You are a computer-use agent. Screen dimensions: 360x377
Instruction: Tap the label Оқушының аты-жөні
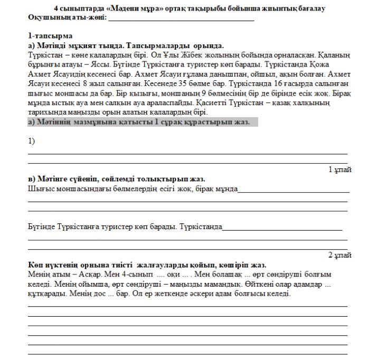67,17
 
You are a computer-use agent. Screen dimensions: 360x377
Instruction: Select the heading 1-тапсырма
50,36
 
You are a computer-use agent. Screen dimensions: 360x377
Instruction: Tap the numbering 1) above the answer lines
32,141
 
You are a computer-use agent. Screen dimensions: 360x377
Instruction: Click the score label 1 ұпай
340,169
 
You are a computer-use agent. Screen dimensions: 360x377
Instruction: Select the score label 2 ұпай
340,255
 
